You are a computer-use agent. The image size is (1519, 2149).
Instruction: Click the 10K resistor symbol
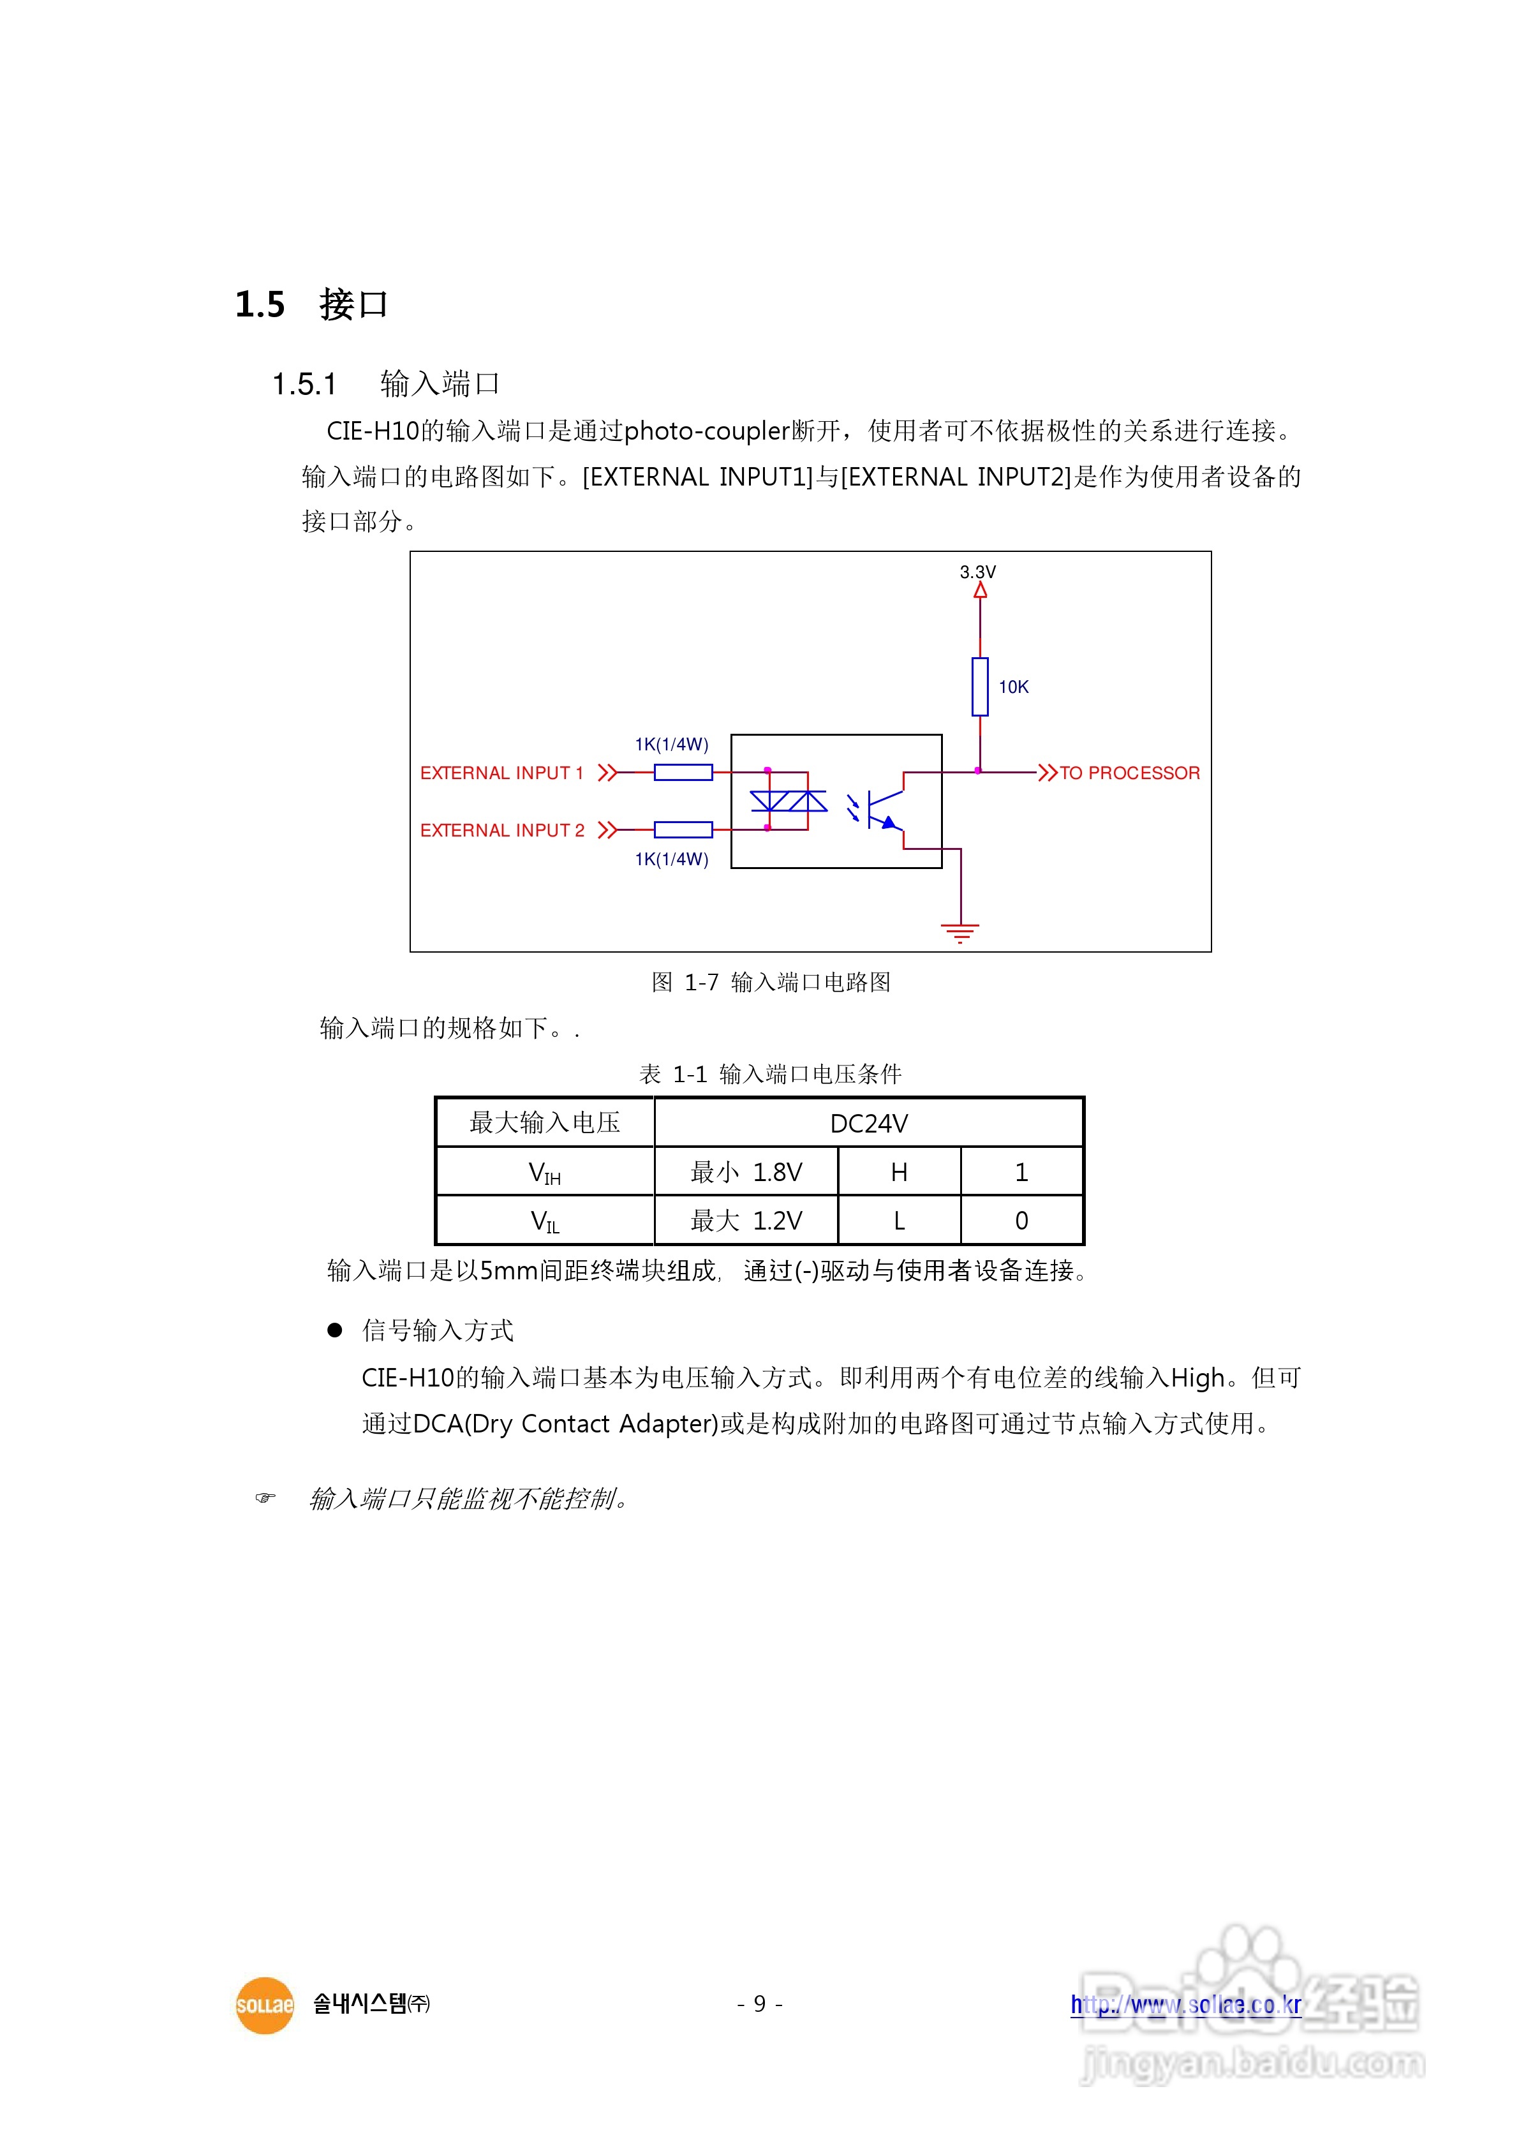[979, 686]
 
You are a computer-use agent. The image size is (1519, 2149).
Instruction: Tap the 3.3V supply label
[977, 572]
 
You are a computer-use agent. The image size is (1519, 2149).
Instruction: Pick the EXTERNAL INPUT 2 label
[501, 830]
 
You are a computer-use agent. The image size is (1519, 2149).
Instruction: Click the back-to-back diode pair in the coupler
[788, 801]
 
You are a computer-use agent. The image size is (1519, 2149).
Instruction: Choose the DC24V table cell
[868, 1123]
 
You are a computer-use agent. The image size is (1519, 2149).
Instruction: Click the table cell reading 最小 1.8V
[745, 1172]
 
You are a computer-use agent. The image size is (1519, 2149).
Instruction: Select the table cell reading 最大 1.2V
[745, 1221]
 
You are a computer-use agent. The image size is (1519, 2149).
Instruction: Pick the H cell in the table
[898, 1172]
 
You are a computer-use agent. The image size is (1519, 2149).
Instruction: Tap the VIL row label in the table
[545, 1221]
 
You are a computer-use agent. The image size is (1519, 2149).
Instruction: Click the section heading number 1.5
[259, 305]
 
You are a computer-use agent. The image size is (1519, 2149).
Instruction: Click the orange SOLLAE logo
[264, 2005]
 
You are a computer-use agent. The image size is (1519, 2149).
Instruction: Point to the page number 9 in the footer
[759, 2004]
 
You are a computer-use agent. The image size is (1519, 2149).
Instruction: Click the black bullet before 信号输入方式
[334, 1330]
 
